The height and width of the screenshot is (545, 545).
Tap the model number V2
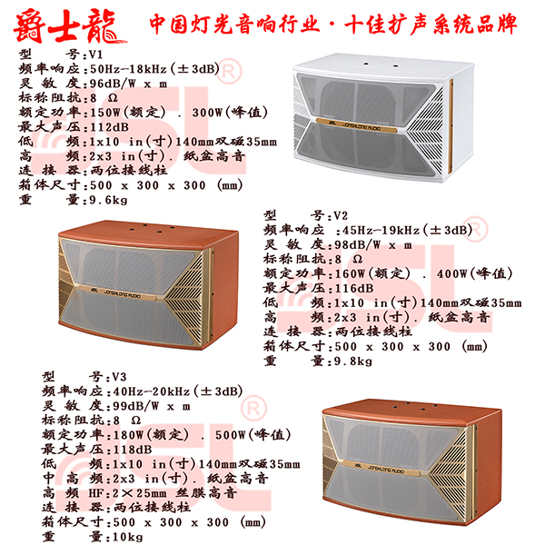coord(340,216)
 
